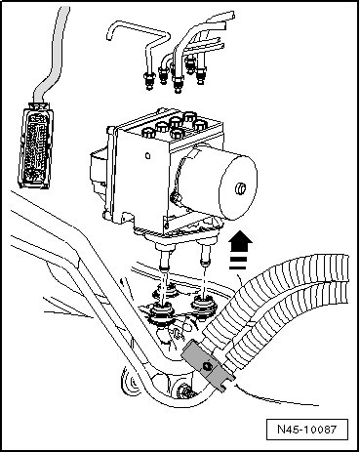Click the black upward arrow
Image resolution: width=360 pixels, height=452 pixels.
coord(240,242)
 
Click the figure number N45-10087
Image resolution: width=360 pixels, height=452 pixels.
coord(306,430)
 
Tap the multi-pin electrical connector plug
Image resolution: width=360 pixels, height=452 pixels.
coord(35,145)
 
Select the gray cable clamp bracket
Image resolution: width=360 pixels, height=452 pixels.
coord(208,366)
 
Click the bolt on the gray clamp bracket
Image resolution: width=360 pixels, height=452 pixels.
coord(207,366)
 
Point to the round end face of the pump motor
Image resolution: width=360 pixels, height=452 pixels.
coord(238,187)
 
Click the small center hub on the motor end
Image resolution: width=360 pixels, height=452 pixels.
coord(241,188)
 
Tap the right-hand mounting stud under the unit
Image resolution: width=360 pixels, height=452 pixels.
coord(206,254)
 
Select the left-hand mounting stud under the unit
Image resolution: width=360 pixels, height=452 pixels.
coord(165,259)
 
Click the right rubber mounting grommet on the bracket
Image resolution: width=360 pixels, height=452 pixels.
coord(204,306)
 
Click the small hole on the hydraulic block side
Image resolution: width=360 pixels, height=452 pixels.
coord(148,156)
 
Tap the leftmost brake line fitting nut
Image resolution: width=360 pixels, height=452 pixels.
coord(149,80)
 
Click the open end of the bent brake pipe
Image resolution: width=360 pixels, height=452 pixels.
coord(109,35)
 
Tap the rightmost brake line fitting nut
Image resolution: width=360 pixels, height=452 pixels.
coord(201,74)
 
